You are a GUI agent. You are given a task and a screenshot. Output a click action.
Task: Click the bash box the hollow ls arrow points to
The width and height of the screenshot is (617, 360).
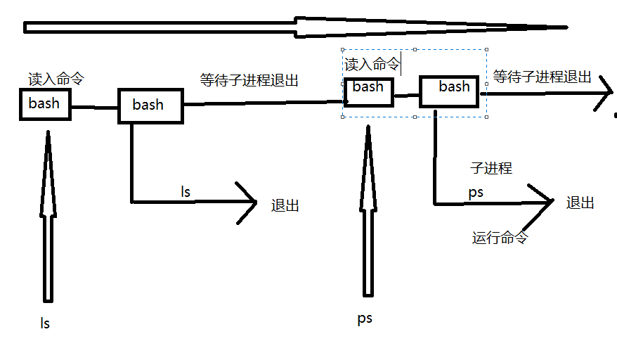(45, 104)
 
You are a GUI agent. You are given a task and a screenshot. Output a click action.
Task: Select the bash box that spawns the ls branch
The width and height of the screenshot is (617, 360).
(149, 105)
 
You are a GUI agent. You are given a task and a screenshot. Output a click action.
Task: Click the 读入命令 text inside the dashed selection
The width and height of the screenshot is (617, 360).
(372, 65)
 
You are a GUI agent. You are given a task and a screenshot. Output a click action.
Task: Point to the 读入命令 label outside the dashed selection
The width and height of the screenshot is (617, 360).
(56, 79)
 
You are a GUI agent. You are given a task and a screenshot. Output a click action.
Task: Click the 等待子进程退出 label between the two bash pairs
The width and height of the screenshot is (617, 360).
(249, 80)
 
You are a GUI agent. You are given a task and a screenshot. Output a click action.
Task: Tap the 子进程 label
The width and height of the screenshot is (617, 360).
(491, 167)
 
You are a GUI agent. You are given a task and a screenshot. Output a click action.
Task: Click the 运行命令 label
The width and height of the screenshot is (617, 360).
(500, 238)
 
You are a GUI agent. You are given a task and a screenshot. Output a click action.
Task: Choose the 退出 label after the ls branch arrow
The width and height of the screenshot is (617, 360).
(285, 205)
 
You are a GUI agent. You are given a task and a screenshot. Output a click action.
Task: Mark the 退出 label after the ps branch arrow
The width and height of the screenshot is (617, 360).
(580, 202)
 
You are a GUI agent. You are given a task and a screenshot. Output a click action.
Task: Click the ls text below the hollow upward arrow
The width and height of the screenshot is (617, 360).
(45, 323)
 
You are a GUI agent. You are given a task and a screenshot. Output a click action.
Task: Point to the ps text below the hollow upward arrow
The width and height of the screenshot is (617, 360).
(365, 318)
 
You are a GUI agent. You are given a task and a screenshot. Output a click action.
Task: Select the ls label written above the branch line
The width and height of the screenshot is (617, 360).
(186, 191)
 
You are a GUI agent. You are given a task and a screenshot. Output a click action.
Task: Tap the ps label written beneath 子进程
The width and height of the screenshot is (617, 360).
(476, 191)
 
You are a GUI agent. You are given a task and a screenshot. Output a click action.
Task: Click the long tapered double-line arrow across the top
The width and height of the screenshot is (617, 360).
(295, 27)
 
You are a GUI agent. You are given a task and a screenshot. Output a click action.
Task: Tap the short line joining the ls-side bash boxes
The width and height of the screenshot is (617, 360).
(94, 107)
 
